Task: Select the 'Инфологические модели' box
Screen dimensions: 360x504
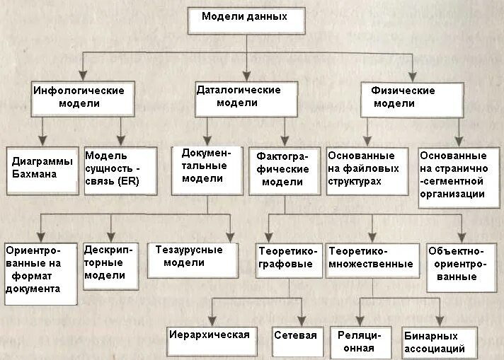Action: [79, 98]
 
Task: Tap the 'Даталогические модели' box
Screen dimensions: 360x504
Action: [244, 98]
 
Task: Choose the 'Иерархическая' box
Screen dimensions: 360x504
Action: [210, 335]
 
